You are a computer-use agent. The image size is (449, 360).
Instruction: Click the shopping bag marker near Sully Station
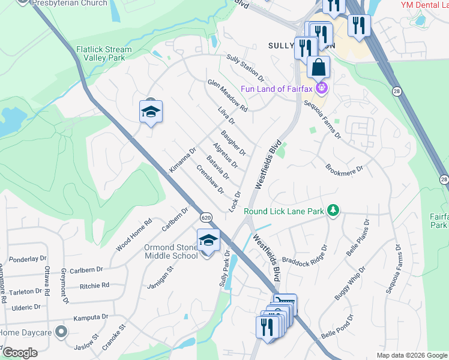click(318, 67)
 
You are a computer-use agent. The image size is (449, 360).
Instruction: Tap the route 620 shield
click(206, 217)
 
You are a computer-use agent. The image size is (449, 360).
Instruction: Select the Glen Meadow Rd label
click(228, 96)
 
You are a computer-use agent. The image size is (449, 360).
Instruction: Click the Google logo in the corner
click(20, 353)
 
